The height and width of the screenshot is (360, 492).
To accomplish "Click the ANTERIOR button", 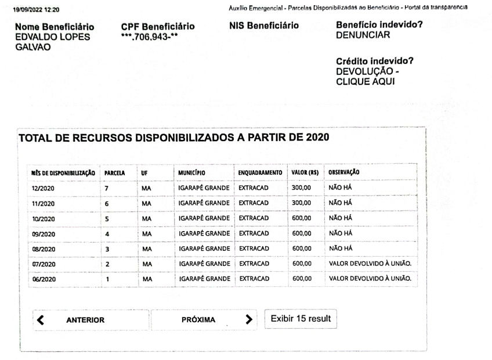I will [85, 320].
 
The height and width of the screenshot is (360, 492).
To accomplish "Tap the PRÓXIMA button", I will [198, 320].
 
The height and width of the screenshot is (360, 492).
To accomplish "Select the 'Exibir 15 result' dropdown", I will [300, 319].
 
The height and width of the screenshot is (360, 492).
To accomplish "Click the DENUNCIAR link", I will [363, 35].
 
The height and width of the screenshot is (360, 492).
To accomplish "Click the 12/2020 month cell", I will [43, 189].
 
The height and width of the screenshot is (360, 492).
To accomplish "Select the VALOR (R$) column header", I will [303, 173].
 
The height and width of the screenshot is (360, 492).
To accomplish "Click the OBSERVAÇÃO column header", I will [344, 173].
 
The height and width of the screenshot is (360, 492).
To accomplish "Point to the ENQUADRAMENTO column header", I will [260, 173].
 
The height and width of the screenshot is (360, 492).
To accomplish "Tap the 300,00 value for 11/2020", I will [302, 203].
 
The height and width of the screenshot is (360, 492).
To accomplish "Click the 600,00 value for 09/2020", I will [302, 233].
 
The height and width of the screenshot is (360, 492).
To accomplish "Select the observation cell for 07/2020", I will [370, 264].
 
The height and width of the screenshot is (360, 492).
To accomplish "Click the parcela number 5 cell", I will [107, 219].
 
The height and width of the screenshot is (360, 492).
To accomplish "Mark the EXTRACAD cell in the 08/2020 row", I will [254, 249].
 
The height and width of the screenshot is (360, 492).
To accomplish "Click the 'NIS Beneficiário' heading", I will [264, 27].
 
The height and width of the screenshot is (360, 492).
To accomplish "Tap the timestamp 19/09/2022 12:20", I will [40, 9].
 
